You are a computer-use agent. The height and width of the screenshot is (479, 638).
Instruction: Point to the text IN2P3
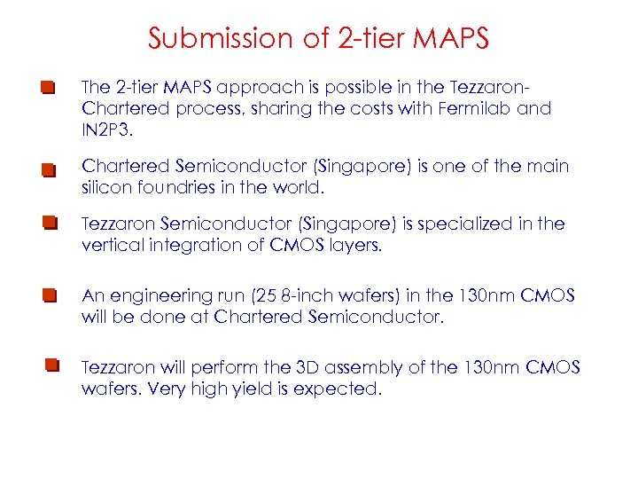(105, 130)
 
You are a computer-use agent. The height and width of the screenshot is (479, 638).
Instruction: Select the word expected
(340, 388)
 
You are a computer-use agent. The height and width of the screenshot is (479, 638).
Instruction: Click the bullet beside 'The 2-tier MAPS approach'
(48, 89)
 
